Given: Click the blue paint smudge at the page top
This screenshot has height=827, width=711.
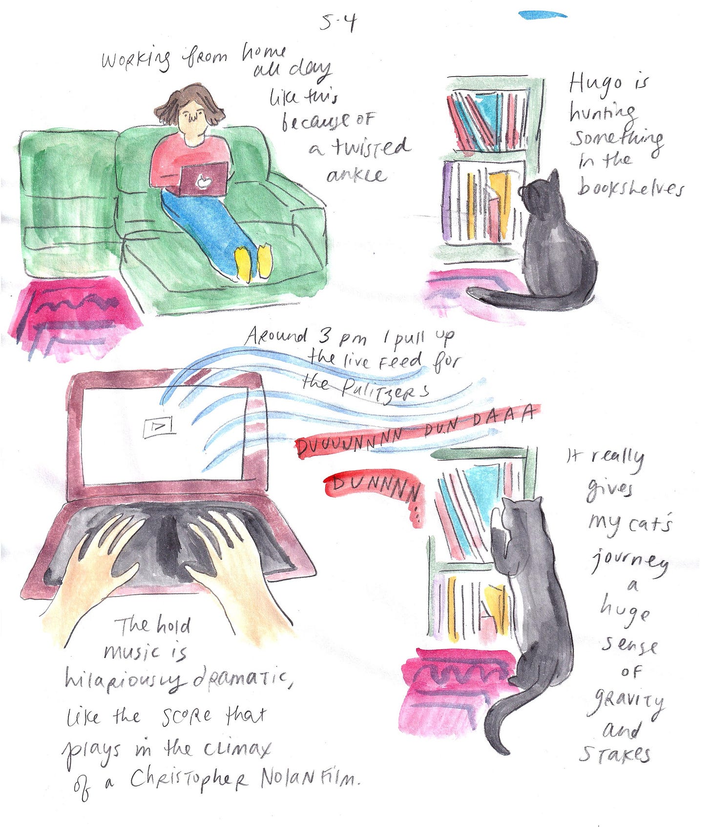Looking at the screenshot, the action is coord(543,15).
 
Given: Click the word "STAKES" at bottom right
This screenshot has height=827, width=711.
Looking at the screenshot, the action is coord(615,754).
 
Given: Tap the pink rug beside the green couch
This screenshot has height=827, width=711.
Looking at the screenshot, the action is coord(73,312).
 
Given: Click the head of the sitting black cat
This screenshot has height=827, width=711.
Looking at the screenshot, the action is coord(540,193).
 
